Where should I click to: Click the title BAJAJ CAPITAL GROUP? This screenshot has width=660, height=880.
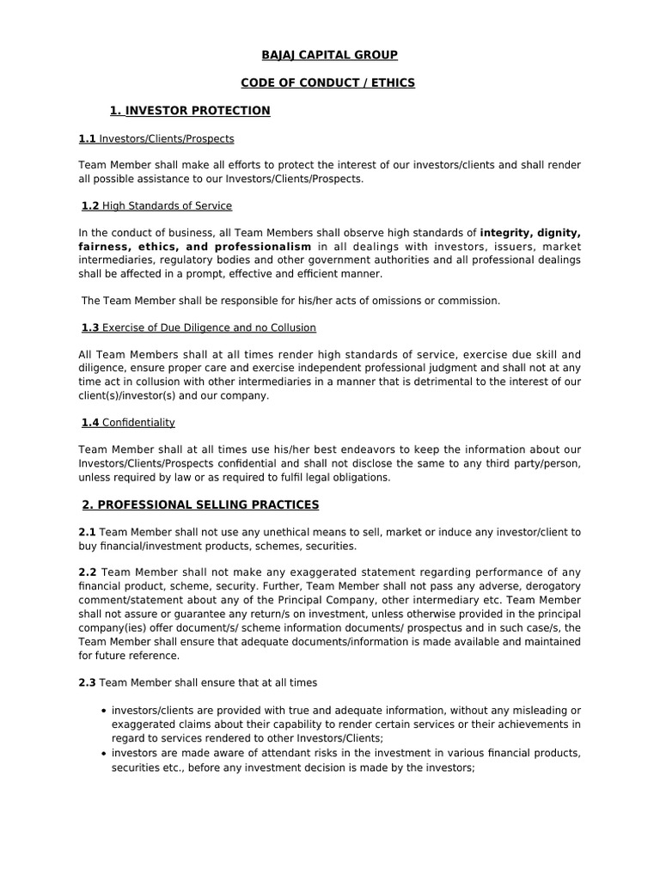330,55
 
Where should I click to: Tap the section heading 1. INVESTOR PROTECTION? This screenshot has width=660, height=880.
190,111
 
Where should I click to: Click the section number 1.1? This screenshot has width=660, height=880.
88,138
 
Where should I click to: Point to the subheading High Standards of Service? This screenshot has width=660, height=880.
168,206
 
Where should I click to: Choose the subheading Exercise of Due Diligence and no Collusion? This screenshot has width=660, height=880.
209,327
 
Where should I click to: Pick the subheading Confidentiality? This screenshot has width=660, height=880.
138,422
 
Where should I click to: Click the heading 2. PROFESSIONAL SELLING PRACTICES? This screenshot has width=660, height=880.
200,504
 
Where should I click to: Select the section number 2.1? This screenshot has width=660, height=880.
87,533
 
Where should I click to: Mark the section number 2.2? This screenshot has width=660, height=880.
87,573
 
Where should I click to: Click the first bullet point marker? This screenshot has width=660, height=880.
103,711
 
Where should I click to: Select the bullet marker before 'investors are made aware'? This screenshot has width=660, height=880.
103,754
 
